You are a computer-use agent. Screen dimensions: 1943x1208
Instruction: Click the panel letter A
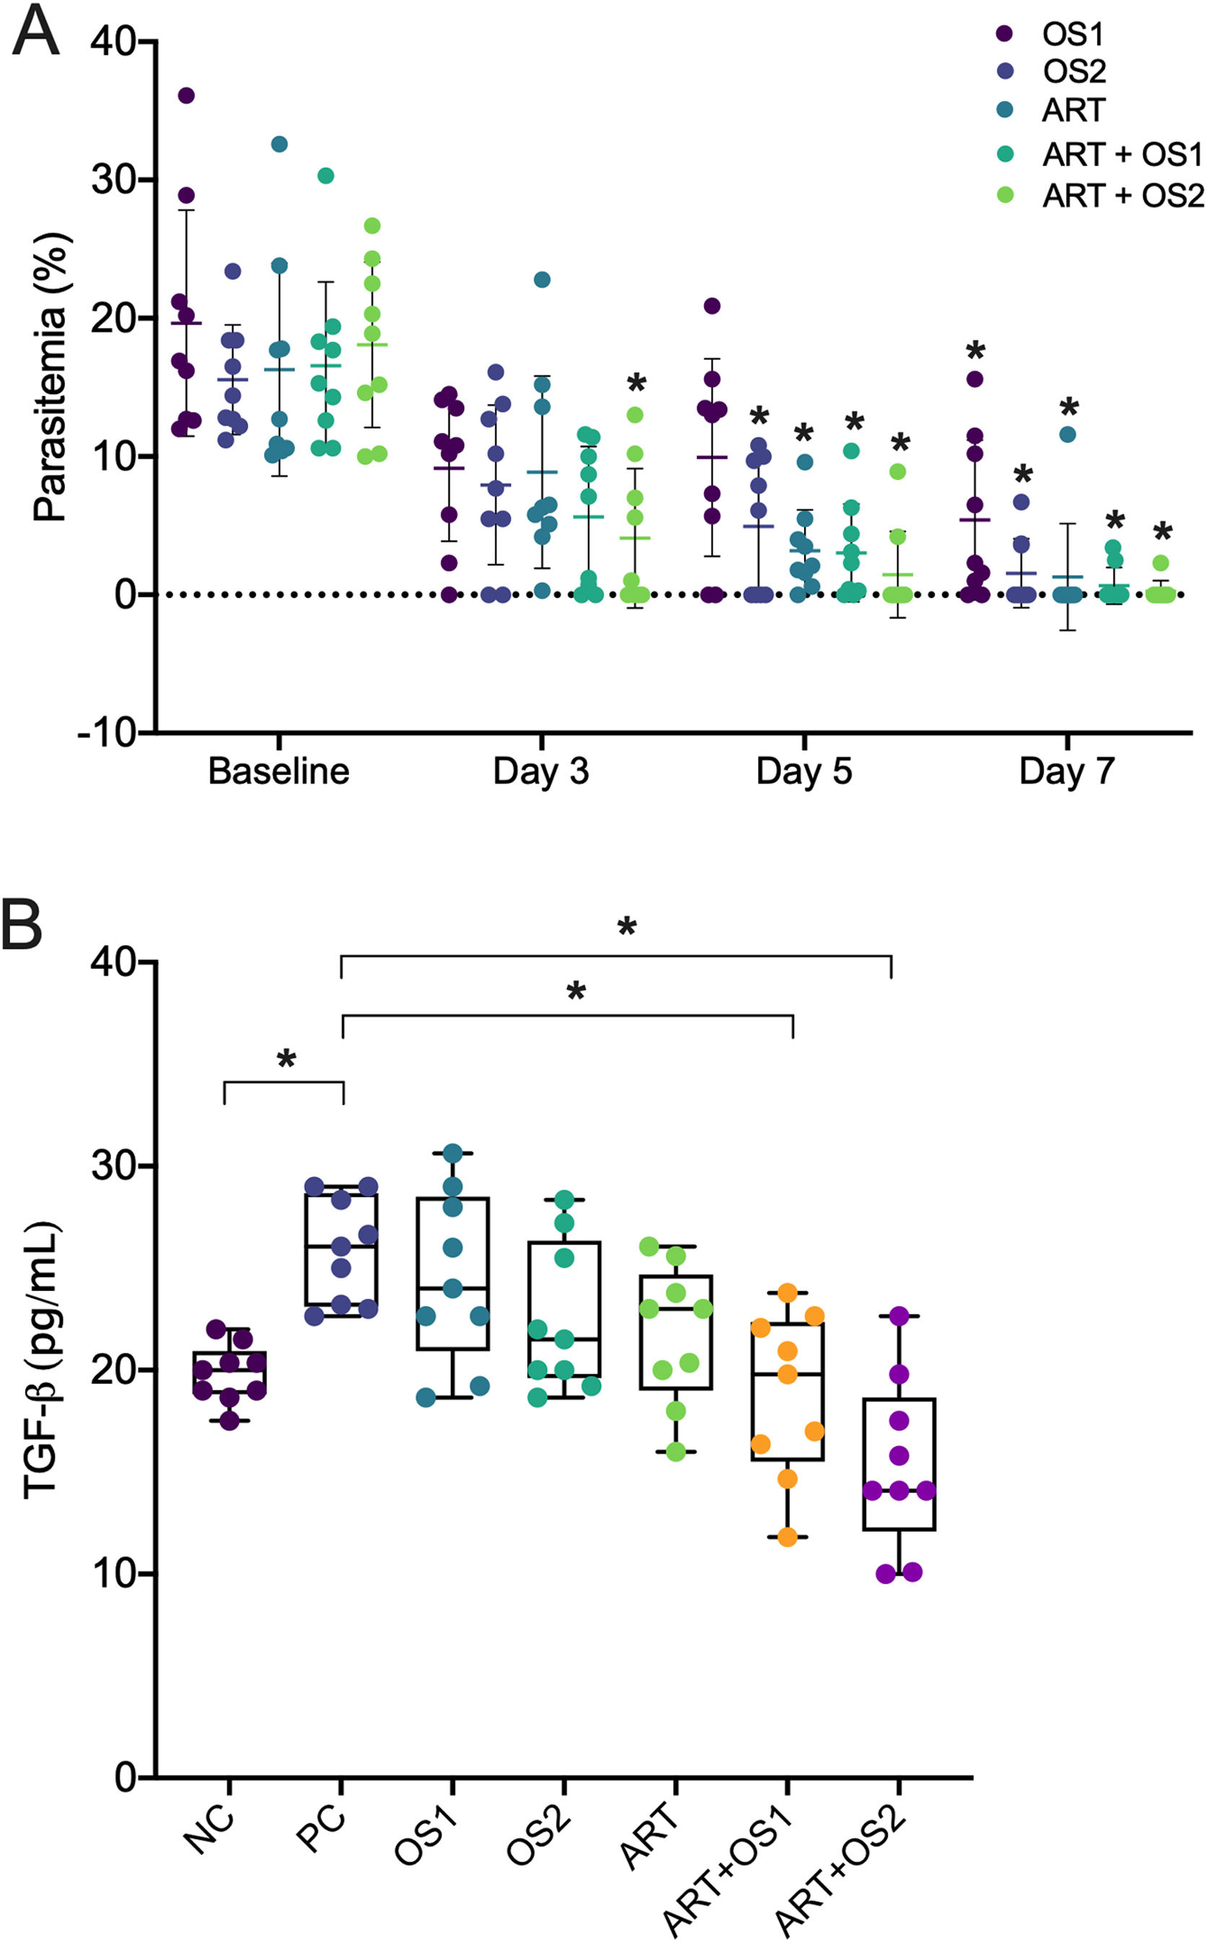(x=36, y=32)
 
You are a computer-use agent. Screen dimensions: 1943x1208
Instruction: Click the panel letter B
(x=22, y=925)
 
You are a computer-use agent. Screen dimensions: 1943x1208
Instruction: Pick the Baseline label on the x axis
(x=278, y=771)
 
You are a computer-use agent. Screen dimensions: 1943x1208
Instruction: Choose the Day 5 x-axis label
(x=803, y=771)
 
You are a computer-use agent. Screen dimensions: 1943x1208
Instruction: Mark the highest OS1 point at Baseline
(x=186, y=96)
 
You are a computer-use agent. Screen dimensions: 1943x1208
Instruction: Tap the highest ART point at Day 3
(x=542, y=280)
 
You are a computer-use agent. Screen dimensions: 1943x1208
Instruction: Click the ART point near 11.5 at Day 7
(x=1067, y=435)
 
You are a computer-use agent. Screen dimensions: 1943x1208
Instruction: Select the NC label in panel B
(x=209, y=1831)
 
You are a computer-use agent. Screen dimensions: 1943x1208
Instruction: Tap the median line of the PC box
(x=341, y=1246)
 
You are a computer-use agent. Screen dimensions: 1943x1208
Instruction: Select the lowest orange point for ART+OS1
(x=787, y=1537)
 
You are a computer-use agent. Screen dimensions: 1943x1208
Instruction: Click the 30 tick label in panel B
(x=112, y=1166)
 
